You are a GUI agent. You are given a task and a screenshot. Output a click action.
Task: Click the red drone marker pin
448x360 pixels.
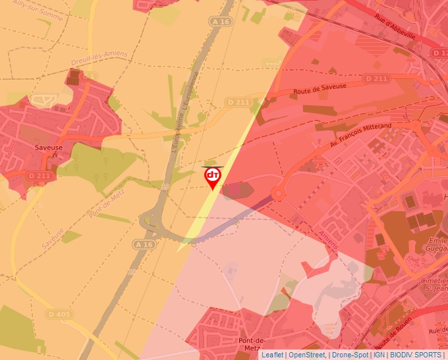pos(212,176)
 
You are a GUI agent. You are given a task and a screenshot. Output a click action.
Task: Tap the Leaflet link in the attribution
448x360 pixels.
pos(272,355)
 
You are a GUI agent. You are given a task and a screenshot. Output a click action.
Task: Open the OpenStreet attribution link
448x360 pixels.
pos(306,355)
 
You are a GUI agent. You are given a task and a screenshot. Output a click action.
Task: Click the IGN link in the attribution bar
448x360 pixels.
pos(379,355)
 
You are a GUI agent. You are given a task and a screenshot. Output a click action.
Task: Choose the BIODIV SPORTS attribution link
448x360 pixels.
pos(416,355)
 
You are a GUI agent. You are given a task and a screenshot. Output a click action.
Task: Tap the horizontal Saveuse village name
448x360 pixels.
pos(49,147)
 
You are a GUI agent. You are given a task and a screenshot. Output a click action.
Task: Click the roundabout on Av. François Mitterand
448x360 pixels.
pos(278,193)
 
